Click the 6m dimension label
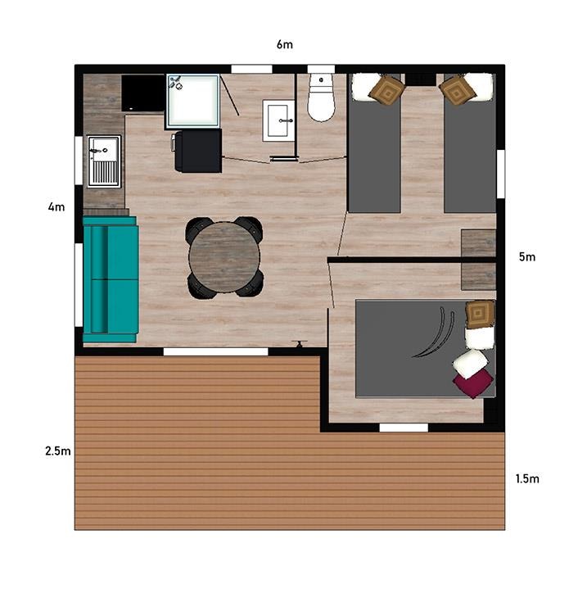coord(284,44)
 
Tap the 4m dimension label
coord(56,207)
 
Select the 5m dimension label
coord(527,256)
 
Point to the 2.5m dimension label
coord(58,451)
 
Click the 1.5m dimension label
coord(527,479)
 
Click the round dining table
coord(224,257)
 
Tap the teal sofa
coord(111,279)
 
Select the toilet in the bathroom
coord(321,97)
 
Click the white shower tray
coord(193,100)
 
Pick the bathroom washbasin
coord(278,120)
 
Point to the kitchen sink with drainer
coord(104,161)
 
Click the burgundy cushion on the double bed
coord(473,383)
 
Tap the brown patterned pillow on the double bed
coord(480,314)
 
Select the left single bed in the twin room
coord(375,143)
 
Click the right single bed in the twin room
coord(469,143)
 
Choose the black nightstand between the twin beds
coord(421,79)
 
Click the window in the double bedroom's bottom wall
coord(404,428)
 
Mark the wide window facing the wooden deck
coord(215,351)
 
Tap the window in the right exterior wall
coord(501,174)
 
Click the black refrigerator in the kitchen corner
coord(143,93)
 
